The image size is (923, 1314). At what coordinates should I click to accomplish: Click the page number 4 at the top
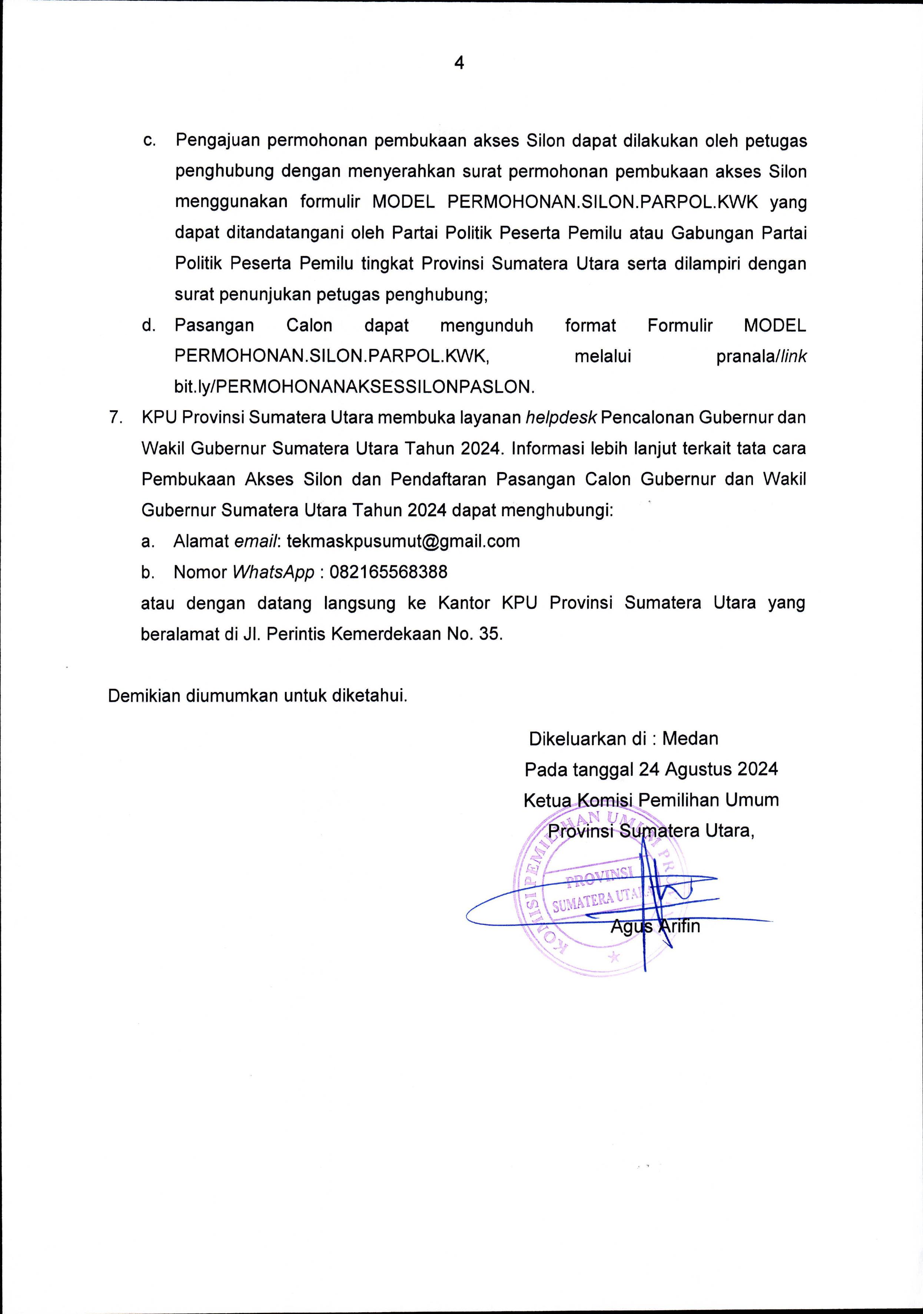pyautogui.click(x=459, y=63)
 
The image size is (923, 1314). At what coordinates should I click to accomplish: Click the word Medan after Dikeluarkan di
pyautogui.click(x=690, y=739)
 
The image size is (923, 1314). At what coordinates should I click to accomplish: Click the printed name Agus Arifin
pyautogui.click(x=655, y=925)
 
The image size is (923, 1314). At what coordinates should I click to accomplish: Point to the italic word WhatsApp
pyautogui.click(x=273, y=572)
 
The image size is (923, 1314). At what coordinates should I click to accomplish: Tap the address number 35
pyautogui.click(x=490, y=634)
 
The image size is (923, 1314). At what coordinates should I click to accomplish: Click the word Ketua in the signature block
pyautogui.click(x=546, y=800)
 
